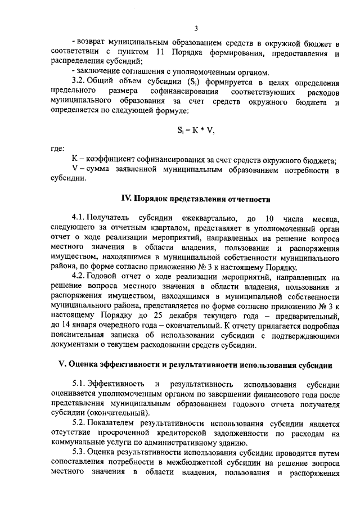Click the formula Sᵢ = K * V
point(196,130)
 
